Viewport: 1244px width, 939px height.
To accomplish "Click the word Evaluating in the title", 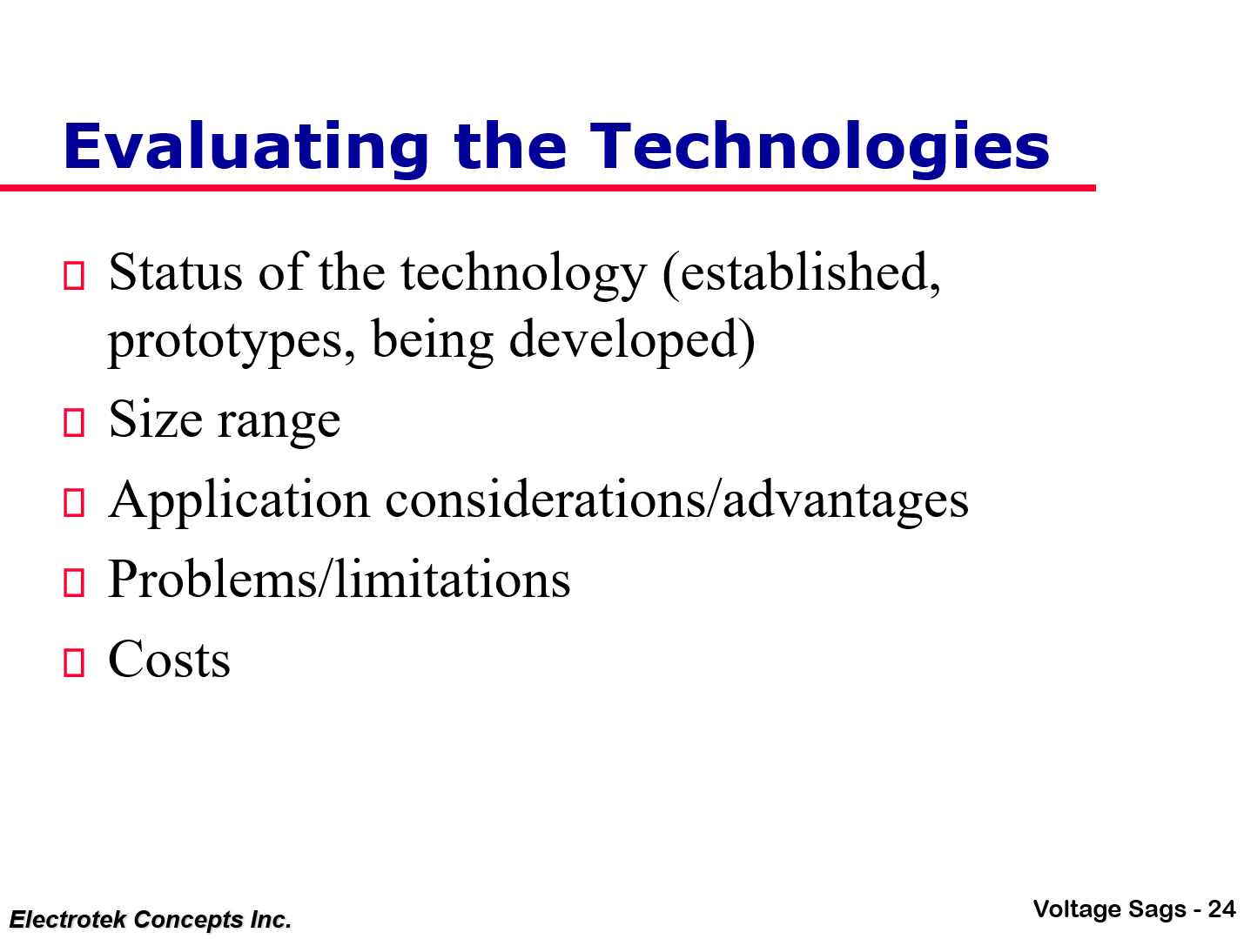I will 246,147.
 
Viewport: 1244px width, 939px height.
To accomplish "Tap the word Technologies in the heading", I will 820,147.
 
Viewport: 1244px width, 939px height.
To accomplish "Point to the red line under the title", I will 548,188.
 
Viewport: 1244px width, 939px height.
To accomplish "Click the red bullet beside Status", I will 74,276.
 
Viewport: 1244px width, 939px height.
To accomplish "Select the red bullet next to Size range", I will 74,422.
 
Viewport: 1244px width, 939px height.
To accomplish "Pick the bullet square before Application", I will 74,503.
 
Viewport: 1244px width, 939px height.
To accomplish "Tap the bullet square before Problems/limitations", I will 74,582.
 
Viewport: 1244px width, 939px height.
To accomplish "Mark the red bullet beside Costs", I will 74,662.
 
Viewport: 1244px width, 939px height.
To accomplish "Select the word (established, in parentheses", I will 801,272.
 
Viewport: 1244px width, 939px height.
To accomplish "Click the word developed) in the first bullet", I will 632,340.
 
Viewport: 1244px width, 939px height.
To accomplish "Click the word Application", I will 239,501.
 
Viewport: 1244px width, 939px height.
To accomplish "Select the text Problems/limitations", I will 340,580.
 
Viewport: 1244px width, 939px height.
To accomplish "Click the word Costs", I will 170,660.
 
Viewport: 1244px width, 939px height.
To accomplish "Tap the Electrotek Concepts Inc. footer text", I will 151,920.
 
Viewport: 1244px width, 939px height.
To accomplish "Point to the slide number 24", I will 1221,909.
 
